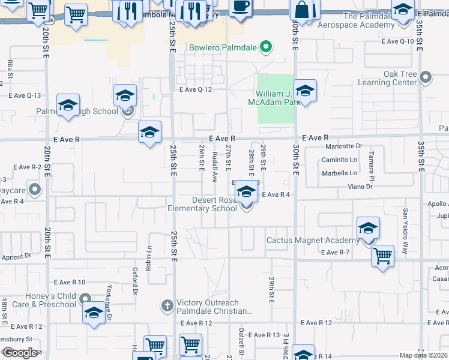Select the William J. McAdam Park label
tap(278, 98)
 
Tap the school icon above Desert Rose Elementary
tap(246, 193)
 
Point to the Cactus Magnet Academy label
tap(313, 241)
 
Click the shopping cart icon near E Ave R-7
tap(382, 256)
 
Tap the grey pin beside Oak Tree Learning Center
tap(426, 77)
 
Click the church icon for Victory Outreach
tap(169, 307)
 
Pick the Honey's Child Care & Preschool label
tap(42, 300)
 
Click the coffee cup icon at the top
tap(240, 7)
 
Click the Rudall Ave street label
tap(214, 167)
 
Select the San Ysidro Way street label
tap(406, 231)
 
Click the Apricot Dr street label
tap(16, 256)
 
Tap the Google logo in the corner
tap(20, 353)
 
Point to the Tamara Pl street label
tap(372, 168)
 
